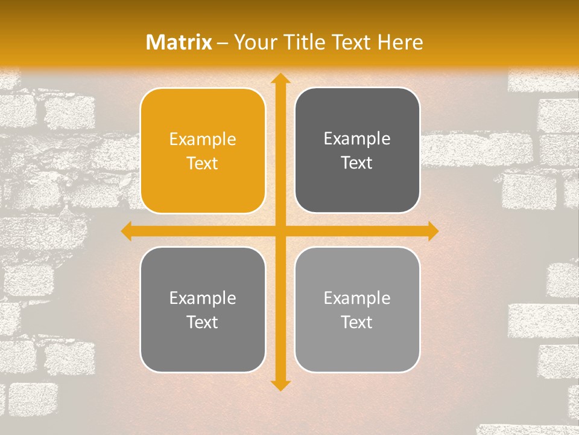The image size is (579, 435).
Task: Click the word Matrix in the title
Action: [x=179, y=42]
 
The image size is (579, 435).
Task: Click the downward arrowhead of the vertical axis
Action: [x=280, y=385]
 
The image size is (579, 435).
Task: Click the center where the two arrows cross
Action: [x=280, y=231]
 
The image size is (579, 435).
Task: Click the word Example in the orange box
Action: [x=203, y=140]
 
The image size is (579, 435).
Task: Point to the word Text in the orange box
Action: [x=203, y=163]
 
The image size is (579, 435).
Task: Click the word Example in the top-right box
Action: [x=357, y=139]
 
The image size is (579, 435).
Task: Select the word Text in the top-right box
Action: [x=357, y=163]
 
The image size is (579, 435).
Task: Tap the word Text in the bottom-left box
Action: [x=203, y=322]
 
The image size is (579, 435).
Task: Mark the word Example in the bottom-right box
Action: [x=357, y=298]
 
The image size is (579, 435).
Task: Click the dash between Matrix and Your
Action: [x=223, y=43]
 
